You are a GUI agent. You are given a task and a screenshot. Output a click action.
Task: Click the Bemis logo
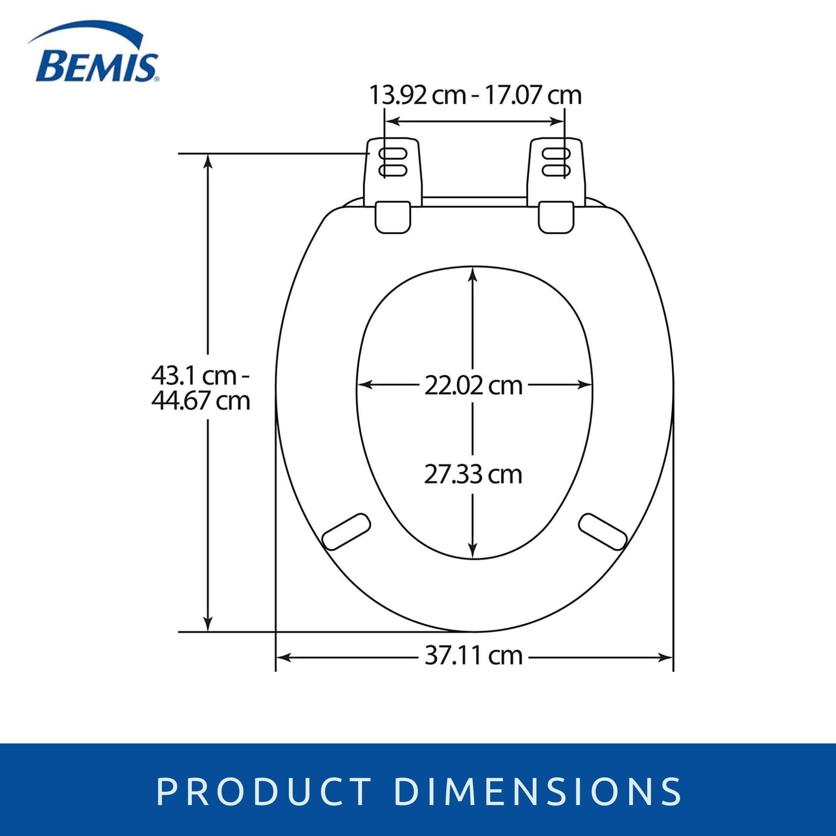point(93,54)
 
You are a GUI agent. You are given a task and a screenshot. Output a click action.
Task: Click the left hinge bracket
point(394,186)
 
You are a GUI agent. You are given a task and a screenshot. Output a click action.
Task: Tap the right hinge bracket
point(557,186)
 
